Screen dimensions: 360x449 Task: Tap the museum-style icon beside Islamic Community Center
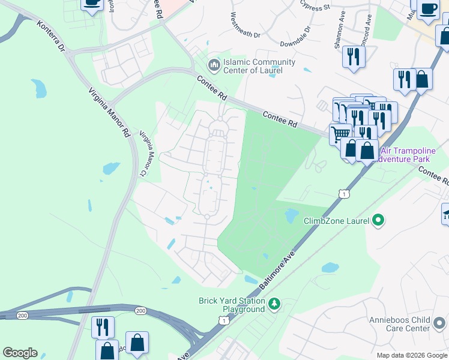(x=213, y=64)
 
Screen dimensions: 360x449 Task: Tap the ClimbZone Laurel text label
(x=336, y=221)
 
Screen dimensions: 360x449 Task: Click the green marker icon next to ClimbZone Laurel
(x=378, y=221)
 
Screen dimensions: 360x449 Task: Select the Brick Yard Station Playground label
(x=232, y=305)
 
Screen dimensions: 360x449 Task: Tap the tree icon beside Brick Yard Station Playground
(x=274, y=304)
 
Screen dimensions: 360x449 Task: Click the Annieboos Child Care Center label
(x=408, y=323)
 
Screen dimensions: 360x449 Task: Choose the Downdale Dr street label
(x=295, y=36)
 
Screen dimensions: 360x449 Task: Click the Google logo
(x=20, y=353)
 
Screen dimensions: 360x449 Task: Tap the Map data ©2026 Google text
(x=411, y=355)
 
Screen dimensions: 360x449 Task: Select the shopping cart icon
(x=340, y=133)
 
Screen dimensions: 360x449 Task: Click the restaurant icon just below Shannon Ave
(x=352, y=58)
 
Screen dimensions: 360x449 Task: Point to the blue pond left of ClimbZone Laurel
(x=291, y=215)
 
